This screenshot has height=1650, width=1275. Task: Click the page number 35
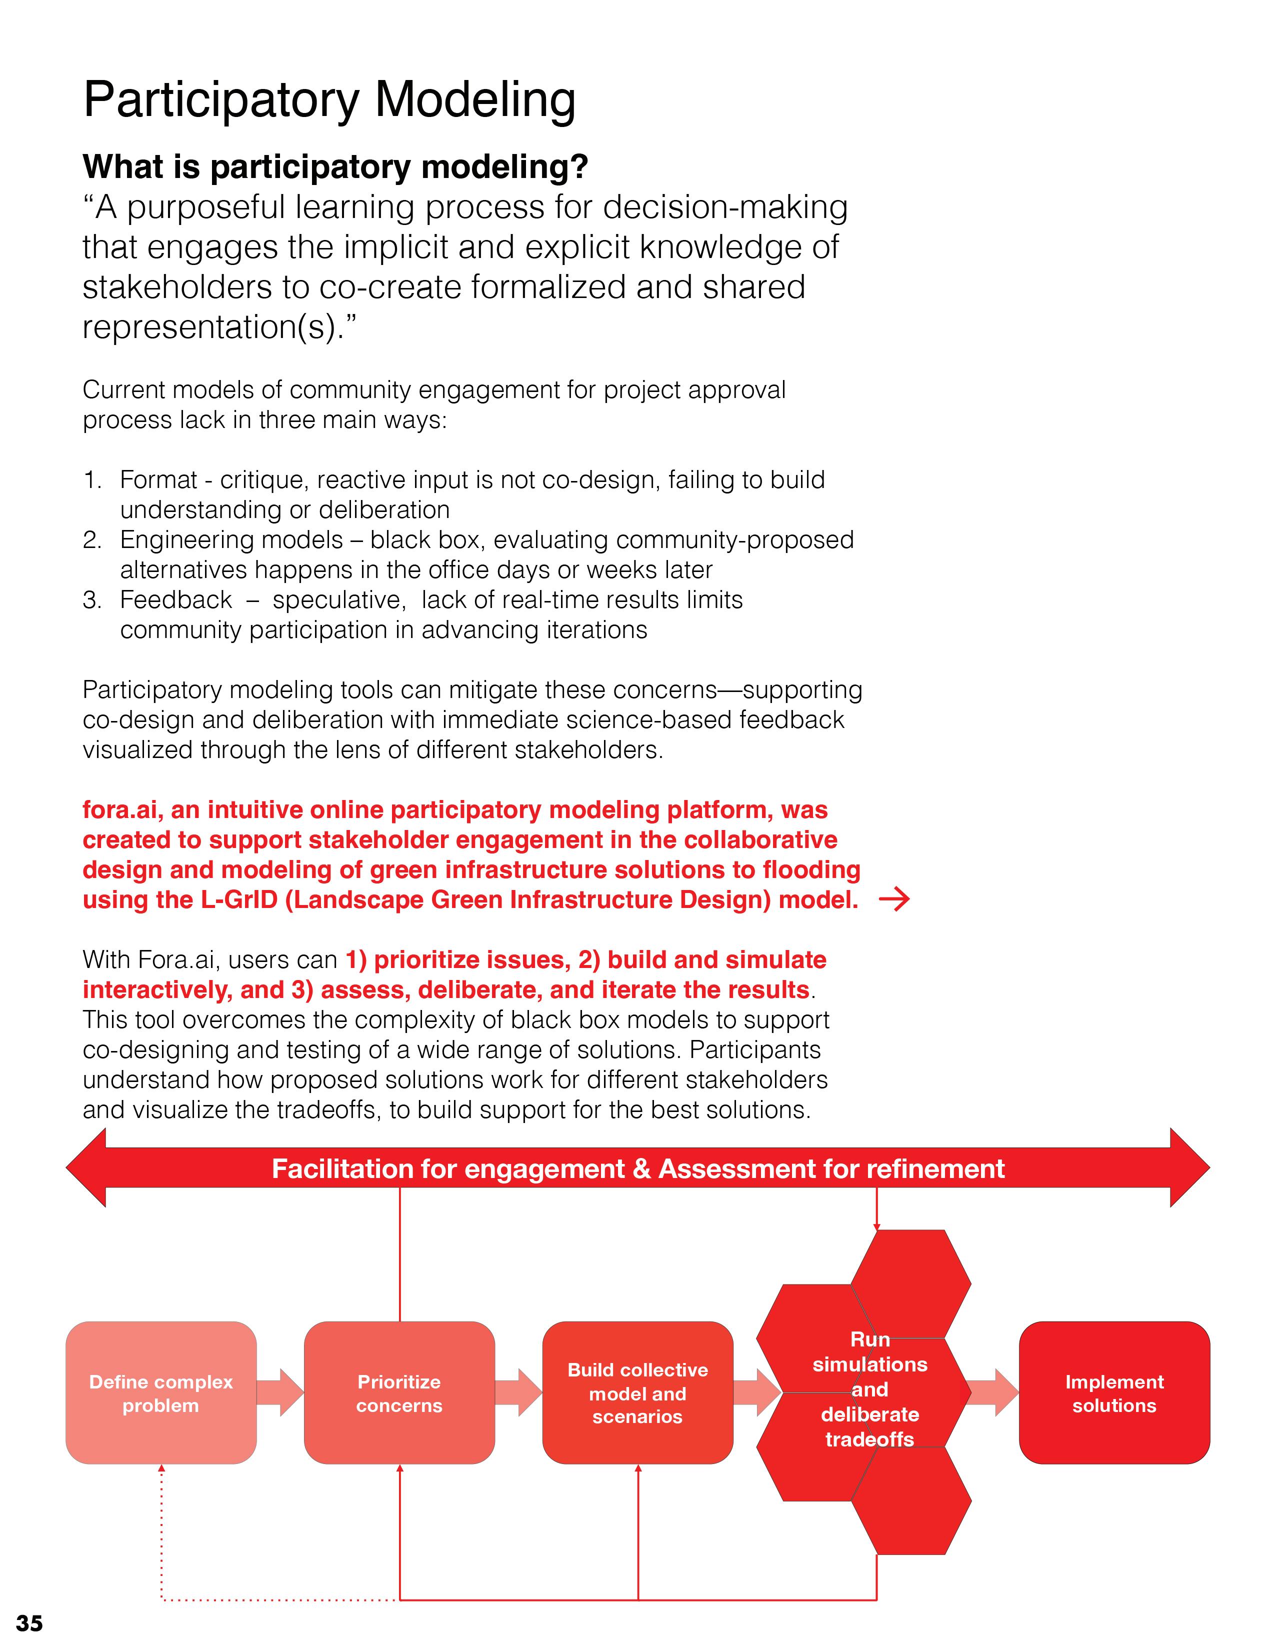(x=29, y=1623)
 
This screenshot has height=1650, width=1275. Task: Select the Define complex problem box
(x=161, y=1393)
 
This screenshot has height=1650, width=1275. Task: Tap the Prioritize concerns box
(x=399, y=1393)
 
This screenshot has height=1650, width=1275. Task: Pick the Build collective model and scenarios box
(x=637, y=1393)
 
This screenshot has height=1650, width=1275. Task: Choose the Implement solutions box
(x=1114, y=1393)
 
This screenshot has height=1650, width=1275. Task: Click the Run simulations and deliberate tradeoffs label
(x=869, y=1388)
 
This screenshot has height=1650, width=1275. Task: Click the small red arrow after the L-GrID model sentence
(x=894, y=900)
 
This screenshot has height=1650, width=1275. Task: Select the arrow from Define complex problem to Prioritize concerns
(x=280, y=1392)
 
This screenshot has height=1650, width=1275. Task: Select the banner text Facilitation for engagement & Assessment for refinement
(x=637, y=1169)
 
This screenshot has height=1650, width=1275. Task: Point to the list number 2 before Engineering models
(x=91, y=540)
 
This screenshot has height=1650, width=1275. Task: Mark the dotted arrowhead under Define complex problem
(x=161, y=1469)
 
